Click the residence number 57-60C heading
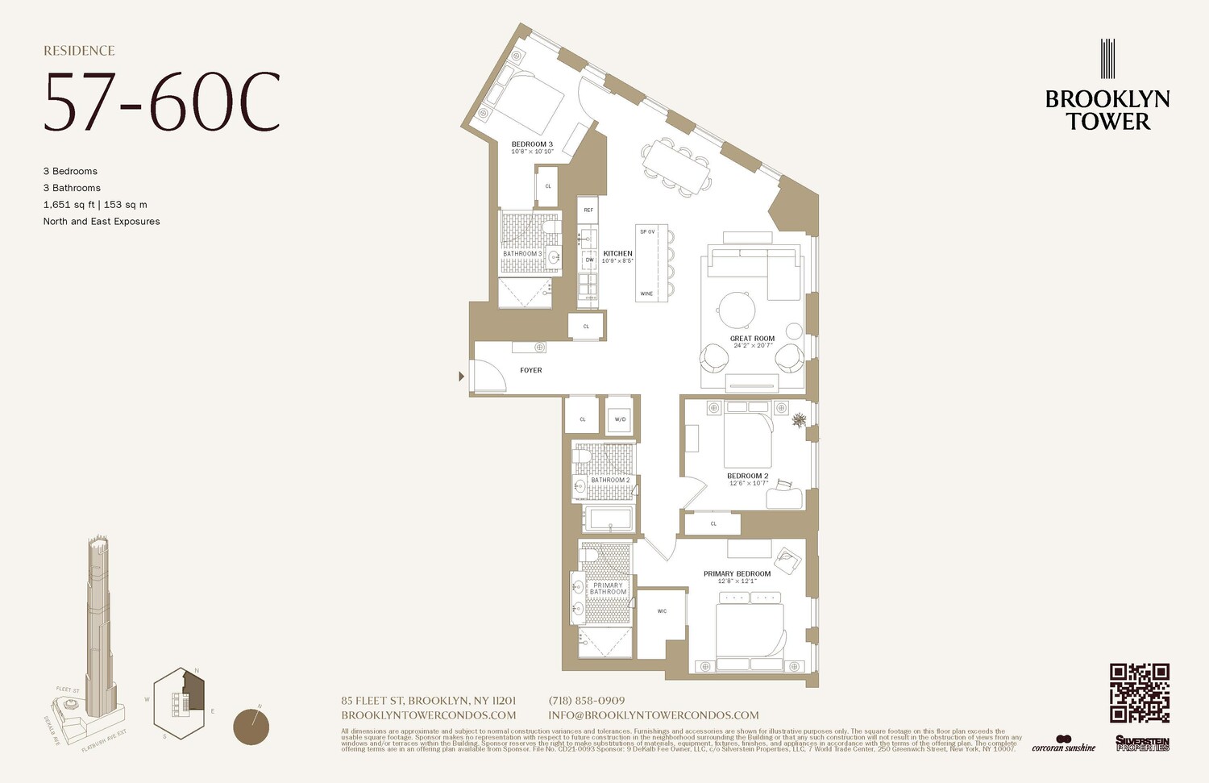pyautogui.click(x=162, y=102)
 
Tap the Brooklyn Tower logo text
pyautogui.click(x=1107, y=110)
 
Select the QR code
pyautogui.click(x=1139, y=693)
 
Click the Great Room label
pyautogui.click(x=752, y=339)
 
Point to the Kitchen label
pyautogui.click(x=617, y=253)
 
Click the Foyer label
pyautogui.click(x=530, y=370)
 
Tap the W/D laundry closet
pyautogui.click(x=620, y=419)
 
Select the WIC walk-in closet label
pyautogui.click(x=662, y=611)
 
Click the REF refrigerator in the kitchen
pyautogui.click(x=588, y=210)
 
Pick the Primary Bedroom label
pyautogui.click(x=737, y=573)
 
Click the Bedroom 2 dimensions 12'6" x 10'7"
pyautogui.click(x=748, y=484)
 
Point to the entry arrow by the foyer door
pyautogui.click(x=462, y=376)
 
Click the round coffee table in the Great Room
pyautogui.click(x=737, y=308)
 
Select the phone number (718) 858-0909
pyautogui.click(x=586, y=701)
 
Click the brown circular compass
pyautogui.click(x=251, y=727)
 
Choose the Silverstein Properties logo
pyautogui.click(x=1142, y=743)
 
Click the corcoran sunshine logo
pyautogui.click(x=1063, y=743)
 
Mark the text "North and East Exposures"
pyautogui.click(x=102, y=221)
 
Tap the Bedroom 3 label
pyautogui.click(x=532, y=144)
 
